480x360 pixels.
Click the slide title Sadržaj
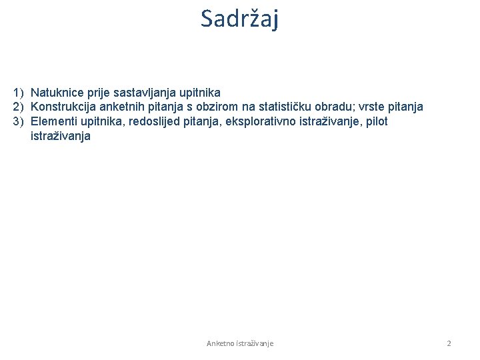tap(240, 19)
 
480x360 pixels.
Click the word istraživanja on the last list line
tap(61, 136)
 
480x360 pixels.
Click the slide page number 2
tap(449, 343)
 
